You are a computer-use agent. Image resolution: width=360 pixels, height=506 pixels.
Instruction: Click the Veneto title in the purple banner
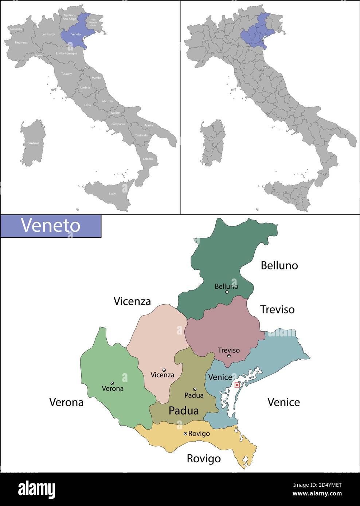point(50,225)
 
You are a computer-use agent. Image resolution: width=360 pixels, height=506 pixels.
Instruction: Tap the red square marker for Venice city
point(237,385)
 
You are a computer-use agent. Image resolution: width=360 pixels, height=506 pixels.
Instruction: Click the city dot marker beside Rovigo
point(185,434)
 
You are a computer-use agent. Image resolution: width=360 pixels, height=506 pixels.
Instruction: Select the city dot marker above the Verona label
point(112,383)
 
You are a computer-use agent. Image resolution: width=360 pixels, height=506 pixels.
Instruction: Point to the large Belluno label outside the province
point(279,266)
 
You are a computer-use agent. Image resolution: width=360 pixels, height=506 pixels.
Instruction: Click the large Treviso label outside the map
point(277,309)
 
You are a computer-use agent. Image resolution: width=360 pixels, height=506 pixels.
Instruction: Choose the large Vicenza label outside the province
point(132,301)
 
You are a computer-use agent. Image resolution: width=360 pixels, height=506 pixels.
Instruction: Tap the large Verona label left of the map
point(66,402)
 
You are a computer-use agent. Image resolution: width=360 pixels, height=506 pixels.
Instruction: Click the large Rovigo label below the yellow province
point(204,458)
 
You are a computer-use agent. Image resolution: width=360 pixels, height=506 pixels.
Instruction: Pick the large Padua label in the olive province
point(184,411)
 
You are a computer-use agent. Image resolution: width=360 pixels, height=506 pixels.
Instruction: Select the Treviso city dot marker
point(229,356)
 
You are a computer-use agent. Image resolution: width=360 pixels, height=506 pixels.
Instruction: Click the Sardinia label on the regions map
point(33,143)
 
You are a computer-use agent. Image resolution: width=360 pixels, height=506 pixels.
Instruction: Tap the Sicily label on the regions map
point(112,194)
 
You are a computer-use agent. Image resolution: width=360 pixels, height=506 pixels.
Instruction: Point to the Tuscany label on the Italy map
point(66,74)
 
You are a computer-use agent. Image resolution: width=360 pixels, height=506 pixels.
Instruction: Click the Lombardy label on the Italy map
point(48,35)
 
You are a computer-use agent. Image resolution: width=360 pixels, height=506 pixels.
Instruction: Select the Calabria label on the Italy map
point(148,159)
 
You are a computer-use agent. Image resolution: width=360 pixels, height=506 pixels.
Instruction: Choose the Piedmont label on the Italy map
point(21,43)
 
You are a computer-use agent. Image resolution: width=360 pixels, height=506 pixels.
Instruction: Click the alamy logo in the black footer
point(36,489)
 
